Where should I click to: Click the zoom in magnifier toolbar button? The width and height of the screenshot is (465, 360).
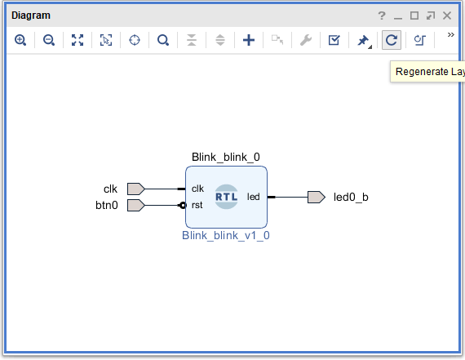[20, 40]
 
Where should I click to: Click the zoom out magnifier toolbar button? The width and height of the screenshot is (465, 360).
[49, 40]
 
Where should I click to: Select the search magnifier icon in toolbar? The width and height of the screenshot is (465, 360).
[163, 40]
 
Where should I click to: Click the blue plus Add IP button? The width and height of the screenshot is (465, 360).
[249, 40]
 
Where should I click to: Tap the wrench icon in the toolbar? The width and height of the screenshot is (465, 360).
[306, 40]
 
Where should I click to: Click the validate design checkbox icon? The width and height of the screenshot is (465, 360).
[334, 40]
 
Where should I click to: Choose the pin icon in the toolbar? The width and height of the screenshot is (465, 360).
[363, 40]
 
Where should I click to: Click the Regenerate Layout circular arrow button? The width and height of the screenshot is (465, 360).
[392, 40]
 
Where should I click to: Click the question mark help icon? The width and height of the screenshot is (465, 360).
[381, 16]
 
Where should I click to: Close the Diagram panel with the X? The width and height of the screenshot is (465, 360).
[447, 16]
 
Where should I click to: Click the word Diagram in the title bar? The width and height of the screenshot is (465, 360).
[31, 16]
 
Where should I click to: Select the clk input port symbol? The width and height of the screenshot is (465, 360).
[136, 189]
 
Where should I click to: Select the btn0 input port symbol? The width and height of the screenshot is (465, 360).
[136, 205]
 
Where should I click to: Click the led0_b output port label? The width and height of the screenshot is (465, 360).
[351, 197]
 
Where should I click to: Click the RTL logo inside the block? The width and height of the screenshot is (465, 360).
[227, 197]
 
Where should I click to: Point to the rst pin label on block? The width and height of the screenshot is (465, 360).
[197, 205]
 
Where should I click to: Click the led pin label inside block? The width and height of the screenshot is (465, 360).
[253, 197]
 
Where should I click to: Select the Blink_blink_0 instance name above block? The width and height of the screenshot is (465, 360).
[226, 157]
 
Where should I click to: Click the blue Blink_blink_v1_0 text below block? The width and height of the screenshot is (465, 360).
[226, 236]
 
